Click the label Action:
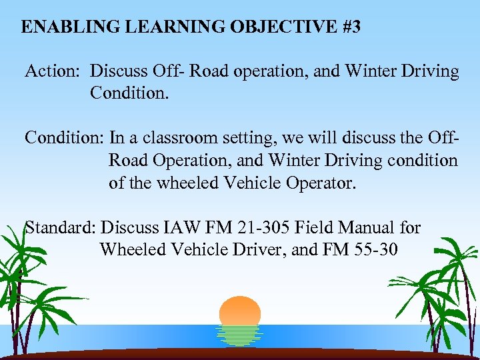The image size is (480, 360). pyautogui.click(x=53, y=71)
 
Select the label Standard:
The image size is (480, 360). pyautogui.click(x=61, y=228)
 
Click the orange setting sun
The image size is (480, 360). pyautogui.click(x=239, y=311)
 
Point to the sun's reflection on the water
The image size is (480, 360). pyautogui.click(x=239, y=335)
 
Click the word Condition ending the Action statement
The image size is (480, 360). pyautogui.click(x=127, y=93)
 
